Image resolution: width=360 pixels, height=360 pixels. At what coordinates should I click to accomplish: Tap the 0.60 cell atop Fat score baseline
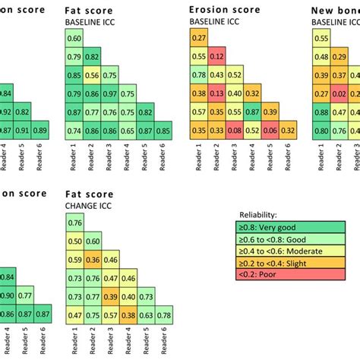click(74, 38)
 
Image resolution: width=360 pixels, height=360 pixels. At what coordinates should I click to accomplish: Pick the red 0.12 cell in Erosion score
click(217, 56)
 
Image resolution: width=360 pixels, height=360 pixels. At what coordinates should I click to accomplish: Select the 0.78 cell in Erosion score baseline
click(198, 75)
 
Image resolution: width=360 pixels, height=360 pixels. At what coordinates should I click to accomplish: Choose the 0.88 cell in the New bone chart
click(323, 112)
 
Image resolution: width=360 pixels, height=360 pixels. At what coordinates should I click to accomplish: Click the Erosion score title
click(223, 10)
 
